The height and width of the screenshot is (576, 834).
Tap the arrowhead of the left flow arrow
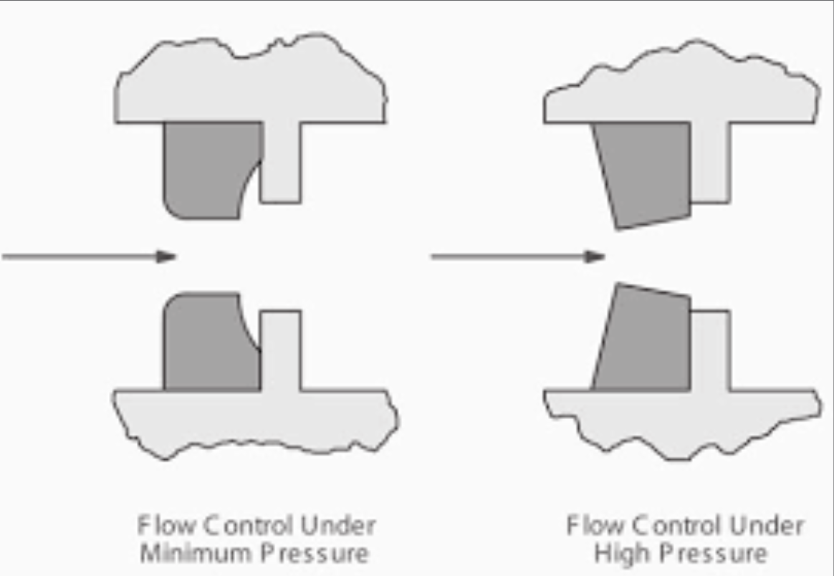click(x=167, y=256)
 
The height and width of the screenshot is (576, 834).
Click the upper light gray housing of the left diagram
click(x=251, y=82)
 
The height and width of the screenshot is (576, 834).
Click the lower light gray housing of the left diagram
click(x=251, y=423)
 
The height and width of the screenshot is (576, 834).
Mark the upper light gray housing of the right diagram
click(x=681, y=86)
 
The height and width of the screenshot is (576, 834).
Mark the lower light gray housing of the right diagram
click(x=681, y=423)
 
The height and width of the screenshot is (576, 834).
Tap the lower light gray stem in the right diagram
click(x=709, y=351)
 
